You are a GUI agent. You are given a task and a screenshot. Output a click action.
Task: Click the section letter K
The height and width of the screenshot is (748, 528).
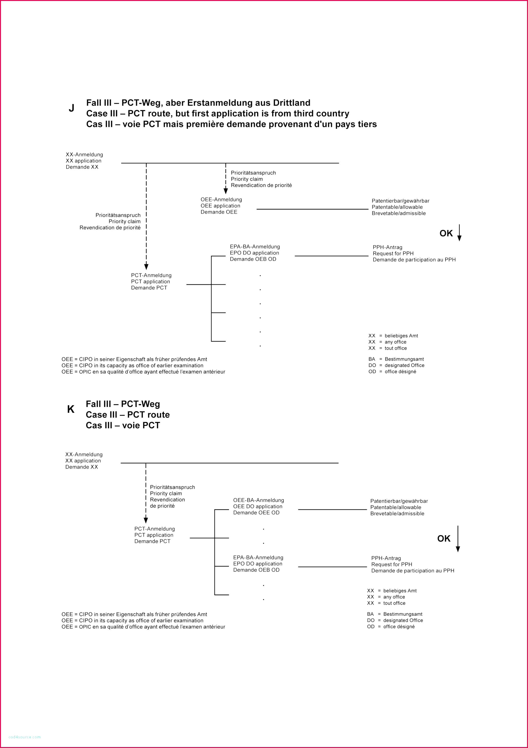point(70,409)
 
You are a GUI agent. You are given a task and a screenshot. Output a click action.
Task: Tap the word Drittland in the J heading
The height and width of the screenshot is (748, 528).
point(291,103)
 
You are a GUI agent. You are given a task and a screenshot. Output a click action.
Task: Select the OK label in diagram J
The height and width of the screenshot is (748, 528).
point(446,233)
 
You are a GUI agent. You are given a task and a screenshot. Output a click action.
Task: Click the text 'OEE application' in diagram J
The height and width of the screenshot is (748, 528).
point(220,206)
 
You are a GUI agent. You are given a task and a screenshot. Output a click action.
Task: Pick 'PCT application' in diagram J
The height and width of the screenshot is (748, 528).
point(150,281)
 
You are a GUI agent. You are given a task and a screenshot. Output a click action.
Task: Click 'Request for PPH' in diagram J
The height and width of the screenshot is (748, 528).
point(393,254)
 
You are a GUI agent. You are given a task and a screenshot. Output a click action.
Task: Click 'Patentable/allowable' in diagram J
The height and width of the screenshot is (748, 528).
point(397,207)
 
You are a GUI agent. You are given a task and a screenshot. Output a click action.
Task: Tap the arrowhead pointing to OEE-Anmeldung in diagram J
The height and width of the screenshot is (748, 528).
point(226,191)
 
